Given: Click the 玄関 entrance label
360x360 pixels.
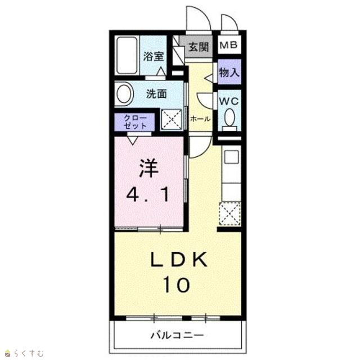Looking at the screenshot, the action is click(199, 47).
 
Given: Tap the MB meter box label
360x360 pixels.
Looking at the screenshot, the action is click(229, 45).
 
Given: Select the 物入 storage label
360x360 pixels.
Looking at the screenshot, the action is click(229, 73).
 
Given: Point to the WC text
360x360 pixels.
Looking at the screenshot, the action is click(229, 101).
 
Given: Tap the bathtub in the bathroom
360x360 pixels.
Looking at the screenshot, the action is click(127, 55).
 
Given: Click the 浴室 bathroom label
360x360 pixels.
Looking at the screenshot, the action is click(154, 56).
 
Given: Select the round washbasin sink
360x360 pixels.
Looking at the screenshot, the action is click(125, 94).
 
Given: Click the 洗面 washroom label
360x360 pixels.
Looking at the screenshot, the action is click(156, 94).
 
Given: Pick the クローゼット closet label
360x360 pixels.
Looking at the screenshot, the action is click(135, 122).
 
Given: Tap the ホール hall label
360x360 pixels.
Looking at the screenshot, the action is click(200, 119).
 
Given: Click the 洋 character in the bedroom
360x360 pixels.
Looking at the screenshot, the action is click(148, 169).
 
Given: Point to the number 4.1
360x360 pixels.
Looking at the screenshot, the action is click(148, 195).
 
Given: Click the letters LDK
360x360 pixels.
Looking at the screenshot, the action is click(179, 259).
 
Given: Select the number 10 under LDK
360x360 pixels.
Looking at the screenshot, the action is click(176, 285).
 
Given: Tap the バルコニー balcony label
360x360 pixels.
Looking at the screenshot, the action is click(177, 335).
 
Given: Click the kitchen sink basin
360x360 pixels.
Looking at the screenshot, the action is click(231, 157).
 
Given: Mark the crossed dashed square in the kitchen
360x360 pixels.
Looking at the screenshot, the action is click(230, 214).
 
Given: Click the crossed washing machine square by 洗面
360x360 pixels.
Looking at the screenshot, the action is click(172, 119).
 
